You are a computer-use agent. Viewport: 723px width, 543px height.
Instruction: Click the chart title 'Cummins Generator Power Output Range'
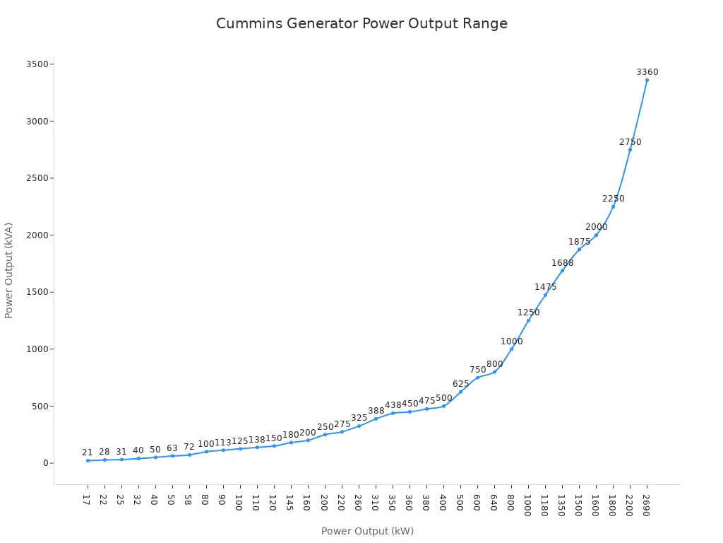pyautogui.click(x=361, y=23)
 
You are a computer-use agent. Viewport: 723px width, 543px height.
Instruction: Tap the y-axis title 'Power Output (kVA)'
pyautogui.click(x=9, y=270)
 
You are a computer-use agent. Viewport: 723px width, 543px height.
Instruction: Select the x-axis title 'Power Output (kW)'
pyautogui.click(x=367, y=531)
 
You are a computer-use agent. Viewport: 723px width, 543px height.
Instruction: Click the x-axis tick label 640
pyautogui.click(x=494, y=501)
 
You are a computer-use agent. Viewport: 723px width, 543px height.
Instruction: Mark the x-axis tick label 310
pyautogui.click(x=376, y=501)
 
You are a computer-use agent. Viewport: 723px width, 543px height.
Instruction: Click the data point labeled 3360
pyautogui.click(x=647, y=80)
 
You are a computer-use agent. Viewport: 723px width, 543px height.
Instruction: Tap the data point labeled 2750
pyautogui.click(x=630, y=149)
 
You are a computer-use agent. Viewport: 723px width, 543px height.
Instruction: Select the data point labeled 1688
pyautogui.click(x=562, y=270)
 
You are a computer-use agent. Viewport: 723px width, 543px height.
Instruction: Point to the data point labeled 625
pyautogui.click(x=460, y=392)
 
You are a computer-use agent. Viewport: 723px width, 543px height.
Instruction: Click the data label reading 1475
pyautogui.click(x=545, y=287)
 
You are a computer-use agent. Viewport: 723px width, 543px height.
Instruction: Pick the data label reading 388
pyautogui.click(x=376, y=411)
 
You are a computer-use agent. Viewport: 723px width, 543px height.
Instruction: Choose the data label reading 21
pyautogui.click(x=88, y=452)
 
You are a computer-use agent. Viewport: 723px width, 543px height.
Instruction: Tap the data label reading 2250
pyautogui.click(x=613, y=199)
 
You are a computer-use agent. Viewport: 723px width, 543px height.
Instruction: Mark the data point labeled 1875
pyautogui.click(x=579, y=249)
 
